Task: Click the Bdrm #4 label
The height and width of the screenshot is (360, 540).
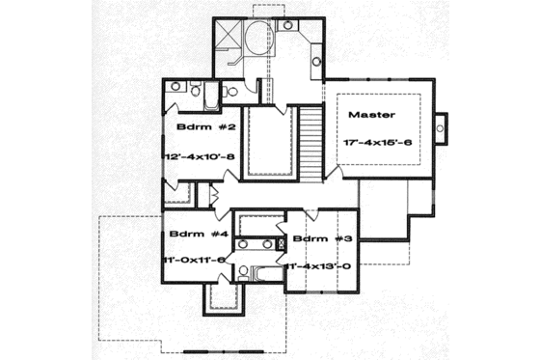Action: [192, 234]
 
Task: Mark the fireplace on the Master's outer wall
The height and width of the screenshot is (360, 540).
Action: [443, 126]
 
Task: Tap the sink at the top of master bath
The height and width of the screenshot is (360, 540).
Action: [287, 24]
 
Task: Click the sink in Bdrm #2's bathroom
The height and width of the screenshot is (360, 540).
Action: [176, 87]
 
